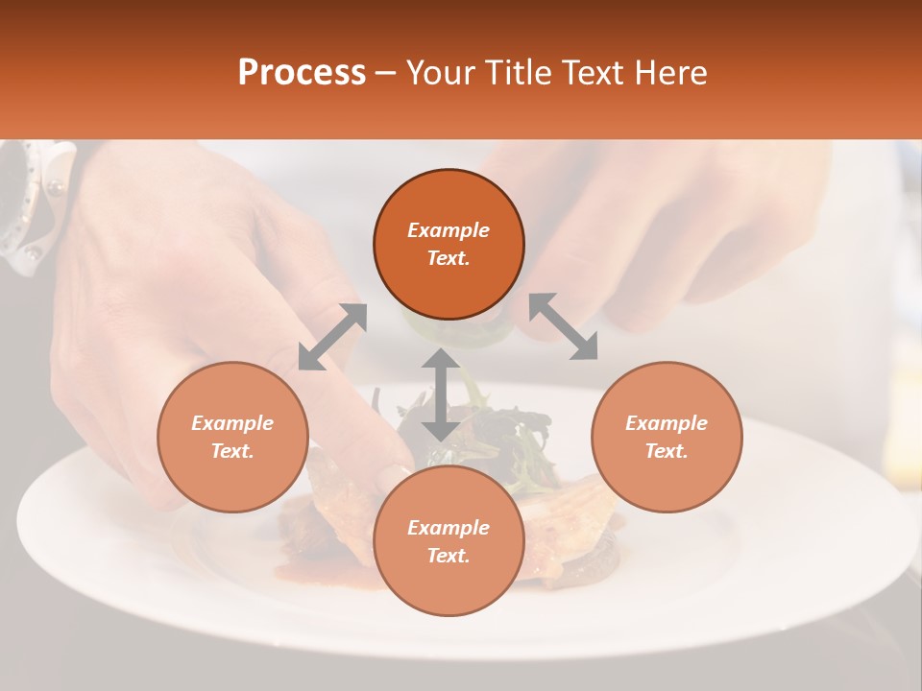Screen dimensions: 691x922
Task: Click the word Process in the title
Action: [x=302, y=73]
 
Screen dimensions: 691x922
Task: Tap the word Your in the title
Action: [x=438, y=73]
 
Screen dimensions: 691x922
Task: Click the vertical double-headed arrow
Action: [x=441, y=394]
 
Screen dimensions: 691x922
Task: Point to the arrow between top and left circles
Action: [x=332, y=337]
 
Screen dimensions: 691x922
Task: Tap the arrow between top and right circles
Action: [x=564, y=326]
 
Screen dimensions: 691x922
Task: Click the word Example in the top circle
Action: [x=449, y=230]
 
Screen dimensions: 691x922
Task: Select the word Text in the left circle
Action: [x=232, y=451]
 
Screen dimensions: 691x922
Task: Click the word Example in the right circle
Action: [x=667, y=423]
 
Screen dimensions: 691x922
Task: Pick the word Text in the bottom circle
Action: [x=449, y=556]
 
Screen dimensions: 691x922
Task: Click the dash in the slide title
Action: [x=386, y=74]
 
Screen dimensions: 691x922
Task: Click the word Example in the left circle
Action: [x=232, y=423]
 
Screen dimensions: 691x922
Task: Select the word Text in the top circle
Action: [x=449, y=258]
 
